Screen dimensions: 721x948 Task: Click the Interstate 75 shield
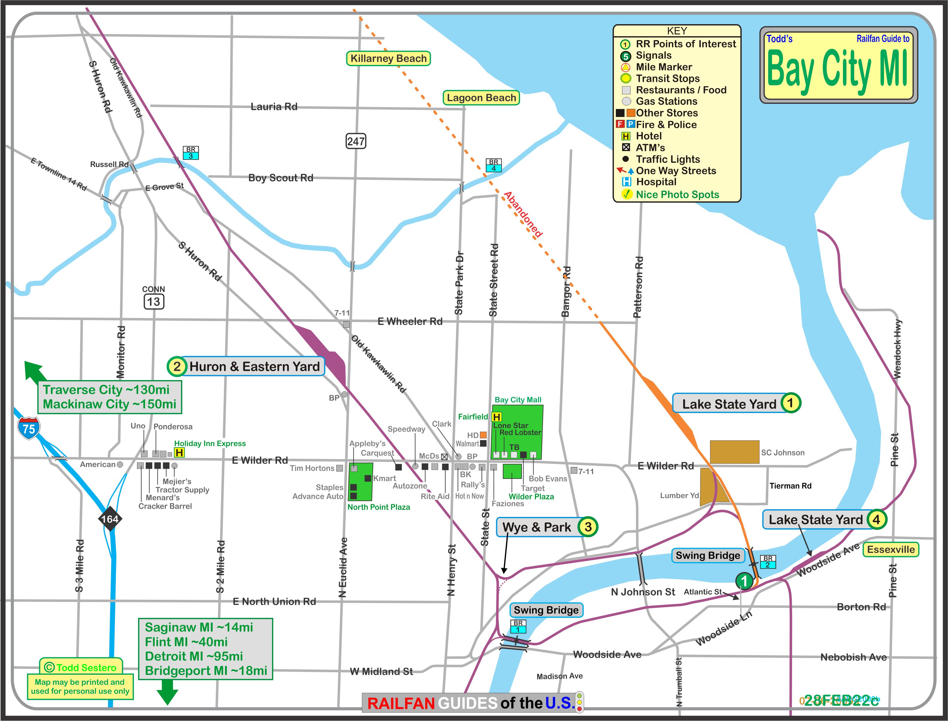(x=29, y=428)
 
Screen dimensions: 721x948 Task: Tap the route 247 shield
(x=356, y=141)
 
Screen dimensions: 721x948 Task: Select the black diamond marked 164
(x=110, y=519)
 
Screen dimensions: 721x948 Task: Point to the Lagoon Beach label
(x=481, y=98)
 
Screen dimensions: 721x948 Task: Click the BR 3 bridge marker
(x=191, y=153)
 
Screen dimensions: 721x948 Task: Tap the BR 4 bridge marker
(x=493, y=165)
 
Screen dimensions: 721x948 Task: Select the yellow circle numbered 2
(x=176, y=366)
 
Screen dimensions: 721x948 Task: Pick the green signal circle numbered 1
(x=744, y=581)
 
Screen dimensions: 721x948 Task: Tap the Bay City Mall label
(x=518, y=400)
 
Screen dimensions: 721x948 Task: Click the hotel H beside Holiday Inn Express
(x=179, y=452)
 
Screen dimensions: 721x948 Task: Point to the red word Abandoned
(x=523, y=215)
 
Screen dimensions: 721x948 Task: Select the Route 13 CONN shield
(x=153, y=301)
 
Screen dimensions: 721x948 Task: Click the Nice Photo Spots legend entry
(x=677, y=194)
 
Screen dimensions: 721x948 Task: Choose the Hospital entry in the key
(x=656, y=182)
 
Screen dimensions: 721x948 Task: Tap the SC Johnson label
(x=782, y=452)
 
